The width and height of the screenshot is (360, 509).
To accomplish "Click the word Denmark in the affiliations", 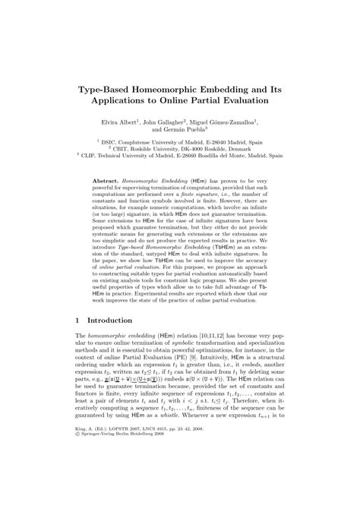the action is click(244, 150).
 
